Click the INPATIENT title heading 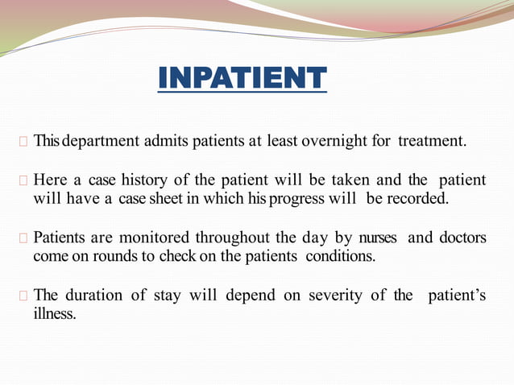point(242,78)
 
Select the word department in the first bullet point(101,142)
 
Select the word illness point(55,313)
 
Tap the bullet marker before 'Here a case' point(24,180)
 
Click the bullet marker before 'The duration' point(24,296)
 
